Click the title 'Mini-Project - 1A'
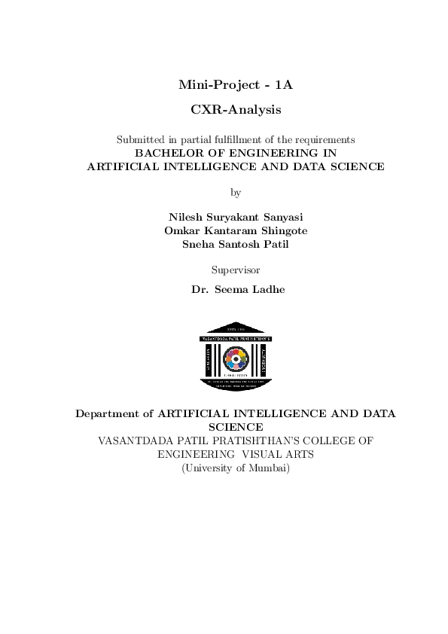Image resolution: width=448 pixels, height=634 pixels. pyautogui.click(x=235, y=85)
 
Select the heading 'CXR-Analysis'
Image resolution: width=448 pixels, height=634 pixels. pyautogui.click(x=235, y=110)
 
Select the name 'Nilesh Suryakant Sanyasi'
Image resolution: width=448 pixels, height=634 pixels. pyautogui.click(x=235, y=217)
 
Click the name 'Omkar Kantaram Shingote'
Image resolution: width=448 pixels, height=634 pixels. pyautogui.click(x=235, y=230)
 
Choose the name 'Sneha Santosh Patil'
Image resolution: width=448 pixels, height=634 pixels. pyautogui.click(x=235, y=244)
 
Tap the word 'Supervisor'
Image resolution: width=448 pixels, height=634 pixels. pyautogui.click(x=235, y=269)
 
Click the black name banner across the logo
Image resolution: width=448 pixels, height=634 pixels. pyautogui.click(x=235, y=340)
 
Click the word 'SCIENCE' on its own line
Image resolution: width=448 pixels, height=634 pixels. pyautogui.click(x=235, y=427)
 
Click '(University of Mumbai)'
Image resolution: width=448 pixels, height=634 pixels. pyautogui.click(x=235, y=468)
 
